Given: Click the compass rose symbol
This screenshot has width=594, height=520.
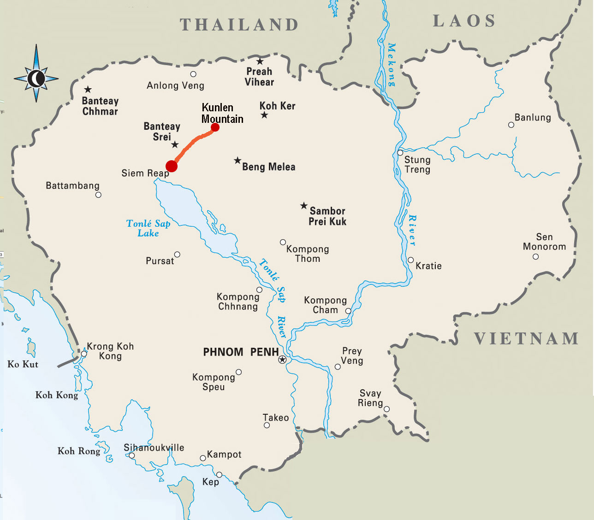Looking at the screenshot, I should (36, 79).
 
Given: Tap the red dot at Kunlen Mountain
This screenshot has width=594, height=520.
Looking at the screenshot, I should (215, 127).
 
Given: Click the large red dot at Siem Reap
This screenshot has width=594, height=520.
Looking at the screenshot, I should (172, 166).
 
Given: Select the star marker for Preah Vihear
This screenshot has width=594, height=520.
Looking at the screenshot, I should (260, 61).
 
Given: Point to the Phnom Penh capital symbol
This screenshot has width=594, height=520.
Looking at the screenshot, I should (282, 360).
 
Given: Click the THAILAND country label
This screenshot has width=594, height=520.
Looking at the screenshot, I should (239, 25).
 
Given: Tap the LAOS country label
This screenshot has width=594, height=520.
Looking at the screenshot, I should (464, 21).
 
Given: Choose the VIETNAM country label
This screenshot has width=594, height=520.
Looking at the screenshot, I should (526, 339).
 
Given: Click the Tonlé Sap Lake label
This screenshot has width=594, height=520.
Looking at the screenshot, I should (148, 228).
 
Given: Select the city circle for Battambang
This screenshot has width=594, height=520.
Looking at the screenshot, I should (98, 195).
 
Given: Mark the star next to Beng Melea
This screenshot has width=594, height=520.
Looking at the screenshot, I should (238, 161).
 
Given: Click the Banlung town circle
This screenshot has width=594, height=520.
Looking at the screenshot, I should (511, 125).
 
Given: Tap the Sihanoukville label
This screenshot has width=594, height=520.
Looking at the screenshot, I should (154, 447).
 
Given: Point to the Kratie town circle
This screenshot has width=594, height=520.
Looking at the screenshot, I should (410, 260).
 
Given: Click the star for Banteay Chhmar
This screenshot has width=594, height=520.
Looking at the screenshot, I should (88, 90).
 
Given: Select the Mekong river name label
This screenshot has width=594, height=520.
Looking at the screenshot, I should (392, 65).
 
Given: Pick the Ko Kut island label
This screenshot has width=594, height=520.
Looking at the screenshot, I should (23, 364).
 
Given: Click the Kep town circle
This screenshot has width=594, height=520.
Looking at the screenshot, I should (220, 475).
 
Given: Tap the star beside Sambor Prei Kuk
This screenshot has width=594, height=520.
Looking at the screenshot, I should (303, 206).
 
